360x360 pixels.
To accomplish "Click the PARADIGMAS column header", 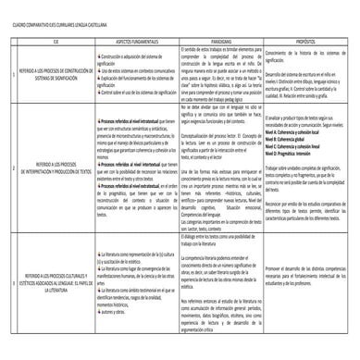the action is point(221,40).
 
